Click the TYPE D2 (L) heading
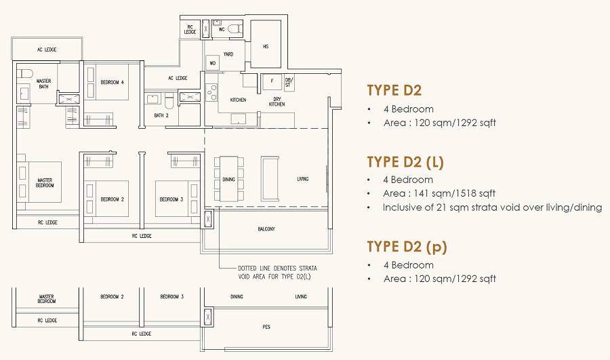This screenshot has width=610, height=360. pos(405,162)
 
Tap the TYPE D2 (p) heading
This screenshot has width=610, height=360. pos(407,247)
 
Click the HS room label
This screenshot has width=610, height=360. pos(266,46)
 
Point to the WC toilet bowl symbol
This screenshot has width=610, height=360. pos(235,28)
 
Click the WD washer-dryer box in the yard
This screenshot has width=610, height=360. pos(212,63)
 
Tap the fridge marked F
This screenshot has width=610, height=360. pos(272,81)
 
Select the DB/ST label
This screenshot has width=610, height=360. pos(288,82)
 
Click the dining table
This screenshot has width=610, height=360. pos(229,179)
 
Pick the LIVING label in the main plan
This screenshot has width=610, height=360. pos(303,179)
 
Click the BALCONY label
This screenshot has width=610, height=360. pos(266,229)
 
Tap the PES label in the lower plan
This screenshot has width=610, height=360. pos(266,327)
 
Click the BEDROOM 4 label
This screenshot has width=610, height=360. pos(112,82)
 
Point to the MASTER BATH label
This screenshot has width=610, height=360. pos(43,83)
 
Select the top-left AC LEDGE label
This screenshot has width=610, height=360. pos(47,49)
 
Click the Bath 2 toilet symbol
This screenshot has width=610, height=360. pos(169,100)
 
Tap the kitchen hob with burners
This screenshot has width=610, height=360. pos(211,92)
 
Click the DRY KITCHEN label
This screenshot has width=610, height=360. pos(277,102)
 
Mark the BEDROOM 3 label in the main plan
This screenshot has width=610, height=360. pos(171,199)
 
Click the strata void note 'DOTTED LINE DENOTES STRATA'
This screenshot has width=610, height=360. pos(277,268)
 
